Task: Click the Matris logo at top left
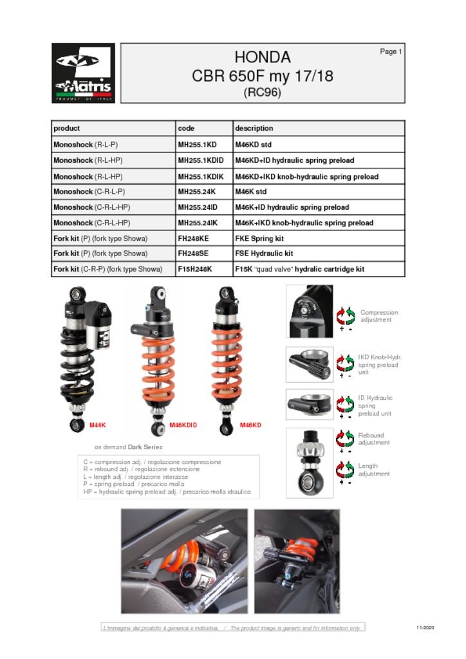pos(83,73)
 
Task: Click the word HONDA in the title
pos(262,57)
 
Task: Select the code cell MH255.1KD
pos(197,145)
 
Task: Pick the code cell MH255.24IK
pos(198,223)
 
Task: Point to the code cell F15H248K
pos(195,269)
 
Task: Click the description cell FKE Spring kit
pos(259,238)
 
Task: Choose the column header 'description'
pos(254,128)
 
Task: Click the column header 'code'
pos(186,128)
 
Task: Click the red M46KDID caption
pos(183,425)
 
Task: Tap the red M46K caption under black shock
pos(97,425)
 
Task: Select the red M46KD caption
pos(250,425)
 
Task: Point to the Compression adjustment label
pos(378,316)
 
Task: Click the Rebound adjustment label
pos(373,439)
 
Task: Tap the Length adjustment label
pos(373,470)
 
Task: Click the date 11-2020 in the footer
pos(425,627)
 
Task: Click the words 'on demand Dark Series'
pos(128,447)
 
